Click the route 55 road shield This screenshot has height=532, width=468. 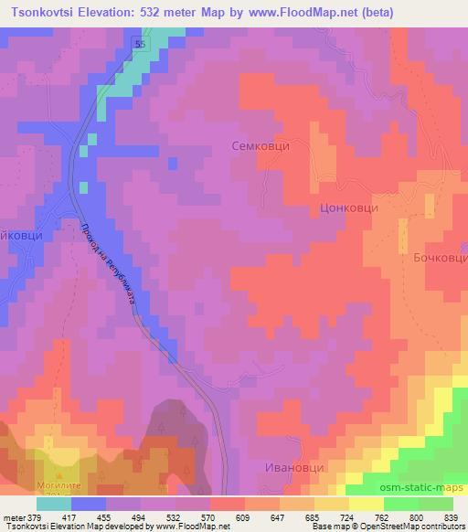tap(139, 43)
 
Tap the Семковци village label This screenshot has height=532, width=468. tap(266, 145)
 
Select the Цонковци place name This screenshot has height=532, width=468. tap(349, 208)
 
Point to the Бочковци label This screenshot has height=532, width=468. tap(434, 259)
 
